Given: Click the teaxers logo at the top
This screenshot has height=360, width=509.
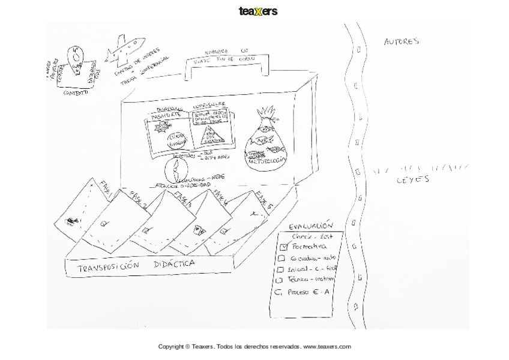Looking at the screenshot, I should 258,11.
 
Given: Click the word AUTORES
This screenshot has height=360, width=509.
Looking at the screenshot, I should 401,41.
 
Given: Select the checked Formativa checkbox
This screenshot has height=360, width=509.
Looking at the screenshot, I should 285,247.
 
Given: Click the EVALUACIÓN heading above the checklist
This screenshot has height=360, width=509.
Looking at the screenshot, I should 310,226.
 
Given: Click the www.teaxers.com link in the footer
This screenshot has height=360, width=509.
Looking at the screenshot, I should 327,346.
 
